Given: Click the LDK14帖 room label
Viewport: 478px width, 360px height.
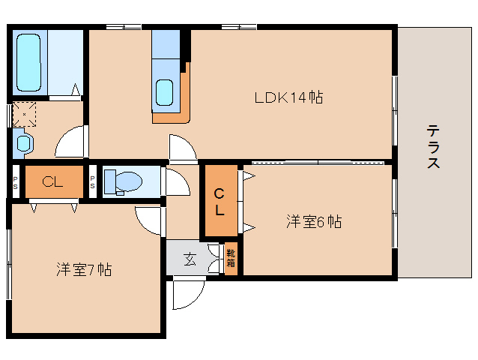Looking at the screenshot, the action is (x=288, y=97).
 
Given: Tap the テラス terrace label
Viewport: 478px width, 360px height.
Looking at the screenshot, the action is (x=433, y=147).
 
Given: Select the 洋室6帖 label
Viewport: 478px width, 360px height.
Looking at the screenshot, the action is (x=314, y=221).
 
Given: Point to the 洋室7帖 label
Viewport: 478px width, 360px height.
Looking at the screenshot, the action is (x=84, y=269).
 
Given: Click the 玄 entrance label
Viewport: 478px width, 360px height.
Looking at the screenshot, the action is (x=190, y=259).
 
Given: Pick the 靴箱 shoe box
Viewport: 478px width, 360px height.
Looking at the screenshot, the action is (x=231, y=259).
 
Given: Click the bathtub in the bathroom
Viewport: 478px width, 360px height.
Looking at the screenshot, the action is (x=28, y=62).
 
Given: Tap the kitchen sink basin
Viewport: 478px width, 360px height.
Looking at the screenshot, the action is (x=165, y=92).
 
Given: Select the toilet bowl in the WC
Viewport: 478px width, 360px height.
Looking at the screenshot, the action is (x=130, y=181).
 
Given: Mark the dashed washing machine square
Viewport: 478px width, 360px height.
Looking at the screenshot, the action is (x=25, y=115).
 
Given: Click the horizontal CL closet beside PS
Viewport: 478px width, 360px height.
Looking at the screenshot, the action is (x=54, y=181).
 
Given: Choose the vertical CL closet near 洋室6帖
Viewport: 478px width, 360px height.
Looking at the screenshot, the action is (x=221, y=201).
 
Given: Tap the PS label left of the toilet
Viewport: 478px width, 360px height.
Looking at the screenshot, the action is (x=92, y=181).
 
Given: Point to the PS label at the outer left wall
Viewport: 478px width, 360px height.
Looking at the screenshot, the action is (x=15, y=182).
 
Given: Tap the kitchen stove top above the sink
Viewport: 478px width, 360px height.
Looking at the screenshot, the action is (x=166, y=44).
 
